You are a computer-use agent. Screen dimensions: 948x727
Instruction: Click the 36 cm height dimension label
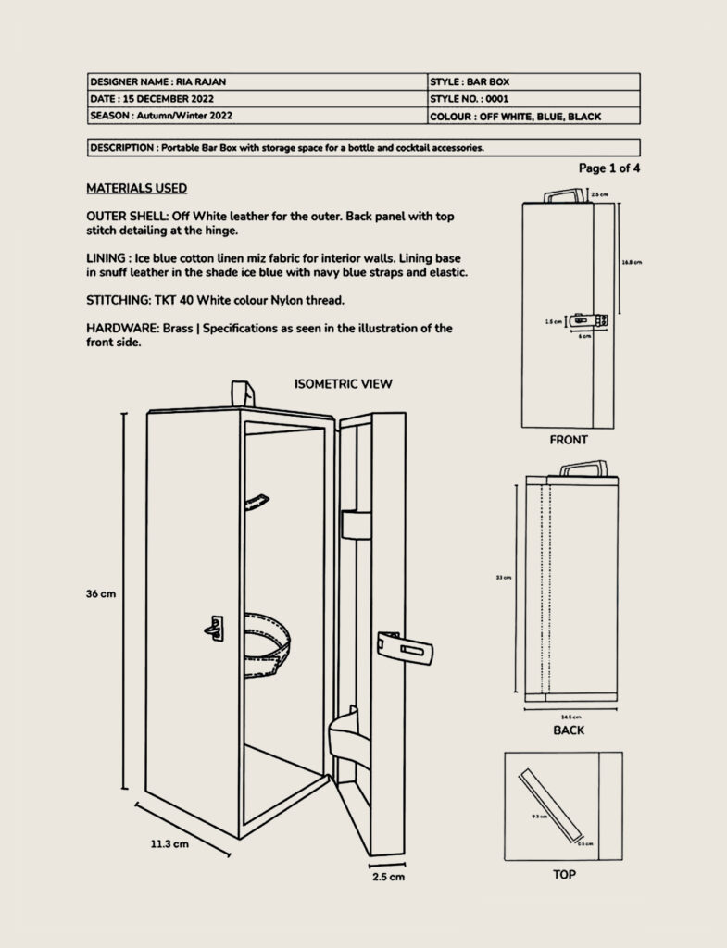(x=101, y=594)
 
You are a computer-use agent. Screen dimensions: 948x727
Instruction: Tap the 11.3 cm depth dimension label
(x=169, y=843)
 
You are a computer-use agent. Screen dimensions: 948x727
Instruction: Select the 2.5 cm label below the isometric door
(x=388, y=876)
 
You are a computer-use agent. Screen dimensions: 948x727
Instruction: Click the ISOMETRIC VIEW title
(x=344, y=383)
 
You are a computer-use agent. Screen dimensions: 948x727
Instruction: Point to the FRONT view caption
(x=568, y=440)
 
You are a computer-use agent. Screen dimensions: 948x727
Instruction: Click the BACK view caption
(x=569, y=730)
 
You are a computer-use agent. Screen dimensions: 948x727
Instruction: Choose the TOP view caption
(x=564, y=873)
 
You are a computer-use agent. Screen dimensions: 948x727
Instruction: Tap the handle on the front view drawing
(x=562, y=195)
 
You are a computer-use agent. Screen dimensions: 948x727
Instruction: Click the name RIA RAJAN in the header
(x=201, y=81)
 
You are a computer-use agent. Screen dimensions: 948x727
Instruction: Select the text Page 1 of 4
(x=608, y=168)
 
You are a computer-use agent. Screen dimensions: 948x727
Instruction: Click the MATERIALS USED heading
(x=136, y=189)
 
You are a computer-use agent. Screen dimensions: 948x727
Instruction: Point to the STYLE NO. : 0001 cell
(x=469, y=99)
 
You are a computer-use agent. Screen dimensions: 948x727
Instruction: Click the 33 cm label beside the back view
(x=504, y=578)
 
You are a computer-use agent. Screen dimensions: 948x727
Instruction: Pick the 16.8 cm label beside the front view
(x=631, y=262)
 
